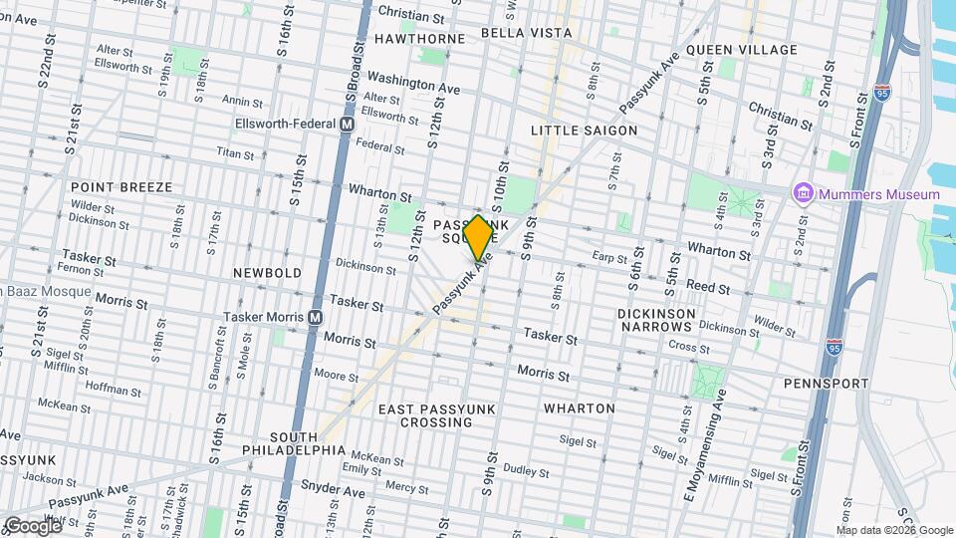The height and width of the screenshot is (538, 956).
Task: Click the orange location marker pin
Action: pos(478,237)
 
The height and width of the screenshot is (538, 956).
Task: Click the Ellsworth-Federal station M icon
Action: pos(347,125)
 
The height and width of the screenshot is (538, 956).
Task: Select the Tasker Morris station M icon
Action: pos(315,317)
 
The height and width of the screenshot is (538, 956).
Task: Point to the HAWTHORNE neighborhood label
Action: pos(419,39)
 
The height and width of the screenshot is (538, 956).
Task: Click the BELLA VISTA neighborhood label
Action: pos(526,33)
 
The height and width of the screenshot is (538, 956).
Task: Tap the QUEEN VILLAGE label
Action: pos(742,50)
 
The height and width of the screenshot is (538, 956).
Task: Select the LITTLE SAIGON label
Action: pos(584,131)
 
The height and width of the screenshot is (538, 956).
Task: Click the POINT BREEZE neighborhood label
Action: pos(121,187)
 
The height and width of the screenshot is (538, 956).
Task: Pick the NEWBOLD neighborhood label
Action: pos(267,272)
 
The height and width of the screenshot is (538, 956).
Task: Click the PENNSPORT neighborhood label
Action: pos(825,383)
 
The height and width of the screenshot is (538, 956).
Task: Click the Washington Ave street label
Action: pos(413,82)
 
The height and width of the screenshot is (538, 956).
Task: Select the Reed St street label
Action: pos(709,288)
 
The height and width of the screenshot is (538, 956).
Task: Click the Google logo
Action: pos(33,525)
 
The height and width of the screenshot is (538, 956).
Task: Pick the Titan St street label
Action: pos(235,153)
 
